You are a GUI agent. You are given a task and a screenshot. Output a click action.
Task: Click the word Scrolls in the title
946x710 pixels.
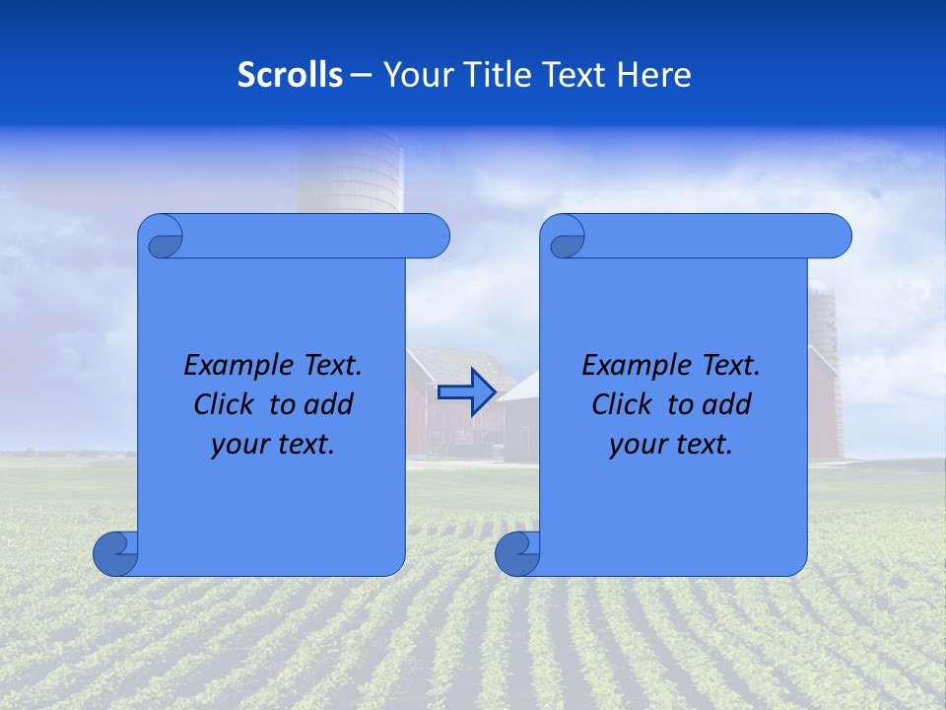click(290, 75)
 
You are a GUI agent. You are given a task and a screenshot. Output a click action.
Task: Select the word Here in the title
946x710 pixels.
click(653, 75)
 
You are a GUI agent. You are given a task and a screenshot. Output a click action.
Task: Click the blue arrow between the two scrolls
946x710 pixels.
click(466, 392)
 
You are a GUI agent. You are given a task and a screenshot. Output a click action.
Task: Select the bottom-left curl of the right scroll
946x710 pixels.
click(517, 553)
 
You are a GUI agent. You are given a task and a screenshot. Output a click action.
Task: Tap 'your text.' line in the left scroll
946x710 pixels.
click(273, 444)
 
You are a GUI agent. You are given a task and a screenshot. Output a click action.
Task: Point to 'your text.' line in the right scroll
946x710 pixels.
click(671, 444)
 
